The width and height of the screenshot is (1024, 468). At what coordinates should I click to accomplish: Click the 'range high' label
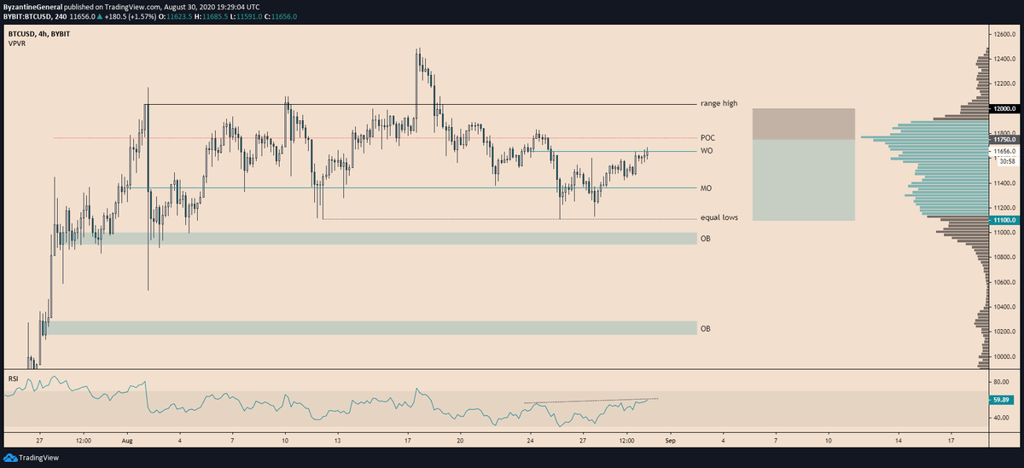click(719, 103)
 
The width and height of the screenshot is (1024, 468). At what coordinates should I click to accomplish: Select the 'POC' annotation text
click(707, 137)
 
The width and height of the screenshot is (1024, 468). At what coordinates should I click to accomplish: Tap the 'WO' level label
click(707, 151)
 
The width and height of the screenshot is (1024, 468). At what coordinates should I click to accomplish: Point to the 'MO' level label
click(707, 188)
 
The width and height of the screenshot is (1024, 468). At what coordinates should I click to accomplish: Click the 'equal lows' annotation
click(719, 217)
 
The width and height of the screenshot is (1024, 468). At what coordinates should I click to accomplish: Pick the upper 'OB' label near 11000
click(705, 239)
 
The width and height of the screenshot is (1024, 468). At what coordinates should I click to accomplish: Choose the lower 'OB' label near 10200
click(705, 328)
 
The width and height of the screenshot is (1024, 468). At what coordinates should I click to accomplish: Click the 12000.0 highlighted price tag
click(1003, 109)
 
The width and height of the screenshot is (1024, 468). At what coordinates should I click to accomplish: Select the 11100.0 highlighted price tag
click(1003, 220)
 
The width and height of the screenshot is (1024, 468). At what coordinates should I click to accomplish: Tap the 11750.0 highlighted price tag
click(1003, 140)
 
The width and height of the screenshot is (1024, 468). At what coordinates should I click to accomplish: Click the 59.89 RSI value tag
click(1000, 399)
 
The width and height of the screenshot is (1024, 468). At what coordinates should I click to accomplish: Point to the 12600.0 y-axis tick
click(1004, 34)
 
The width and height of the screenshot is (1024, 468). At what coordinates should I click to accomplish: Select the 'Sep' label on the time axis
click(670, 442)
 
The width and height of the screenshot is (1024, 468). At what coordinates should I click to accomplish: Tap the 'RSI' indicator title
click(13, 377)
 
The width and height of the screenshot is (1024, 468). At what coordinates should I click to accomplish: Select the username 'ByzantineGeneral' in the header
click(35, 5)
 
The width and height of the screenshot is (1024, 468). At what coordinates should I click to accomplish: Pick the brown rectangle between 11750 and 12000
click(803, 124)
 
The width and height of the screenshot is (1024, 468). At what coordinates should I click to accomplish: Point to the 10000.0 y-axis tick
click(1004, 356)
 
